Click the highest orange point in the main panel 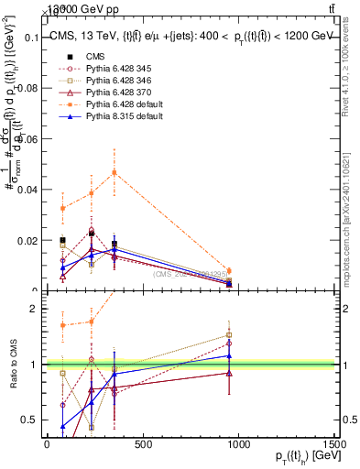click(115, 172)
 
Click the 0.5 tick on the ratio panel click(27, 420)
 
